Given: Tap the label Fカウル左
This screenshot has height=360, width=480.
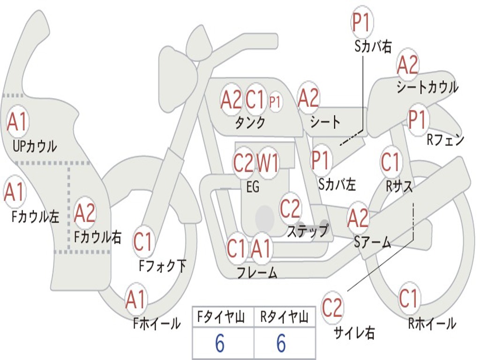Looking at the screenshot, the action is pyautogui.click(x=36, y=216).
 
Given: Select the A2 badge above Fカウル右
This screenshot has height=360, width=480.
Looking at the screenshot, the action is pyautogui.click(x=85, y=213).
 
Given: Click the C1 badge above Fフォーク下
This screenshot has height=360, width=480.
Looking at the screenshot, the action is pyautogui.click(x=143, y=242).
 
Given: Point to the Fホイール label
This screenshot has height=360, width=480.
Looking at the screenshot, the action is pyautogui.click(x=157, y=323).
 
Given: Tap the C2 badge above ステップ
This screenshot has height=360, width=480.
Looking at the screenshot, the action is pyautogui.click(x=290, y=209).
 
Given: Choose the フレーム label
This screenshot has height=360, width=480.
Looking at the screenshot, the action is pyautogui.click(x=257, y=272).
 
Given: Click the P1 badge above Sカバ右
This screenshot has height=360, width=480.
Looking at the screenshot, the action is pyautogui.click(x=361, y=22).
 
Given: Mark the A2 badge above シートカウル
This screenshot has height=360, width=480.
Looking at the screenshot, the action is pyautogui.click(x=407, y=65).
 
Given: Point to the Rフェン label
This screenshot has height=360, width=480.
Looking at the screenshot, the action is pyautogui.click(x=445, y=139).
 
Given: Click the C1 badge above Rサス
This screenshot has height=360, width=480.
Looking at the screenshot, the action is pyautogui.click(x=390, y=162).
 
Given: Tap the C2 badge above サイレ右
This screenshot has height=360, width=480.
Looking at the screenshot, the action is pyautogui.click(x=332, y=308).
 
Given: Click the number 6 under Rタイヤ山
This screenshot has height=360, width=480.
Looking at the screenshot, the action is pyautogui.click(x=281, y=344).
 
